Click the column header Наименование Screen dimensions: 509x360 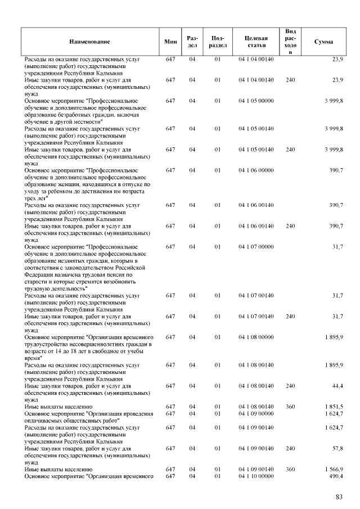pyautogui.click(x=89, y=42)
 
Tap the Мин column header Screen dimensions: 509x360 pyautogui.click(x=170, y=42)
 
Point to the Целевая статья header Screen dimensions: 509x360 pyautogui.click(x=256, y=42)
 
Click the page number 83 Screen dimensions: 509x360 pyautogui.click(x=339, y=497)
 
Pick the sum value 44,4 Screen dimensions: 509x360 pyautogui.click(x=337, y=386)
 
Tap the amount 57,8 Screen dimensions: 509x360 pyautogui.click(x=337, y=448)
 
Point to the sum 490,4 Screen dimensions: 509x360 pyautogui.click(x=336, y=476)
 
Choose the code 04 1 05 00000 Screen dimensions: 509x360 pyautogui.click(x=256, y=101)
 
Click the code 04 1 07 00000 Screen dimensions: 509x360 pyautogui.click(x=256, y=247)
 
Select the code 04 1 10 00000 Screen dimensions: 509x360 pyautogui.click(x=256, y=476)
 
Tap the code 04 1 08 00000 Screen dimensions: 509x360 pyautogui.click(x=256, y=337)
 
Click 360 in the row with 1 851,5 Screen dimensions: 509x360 pyautogui.click(x=290, y=406)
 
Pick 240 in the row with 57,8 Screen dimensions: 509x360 pyautogui.click(x=290, y=448)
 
